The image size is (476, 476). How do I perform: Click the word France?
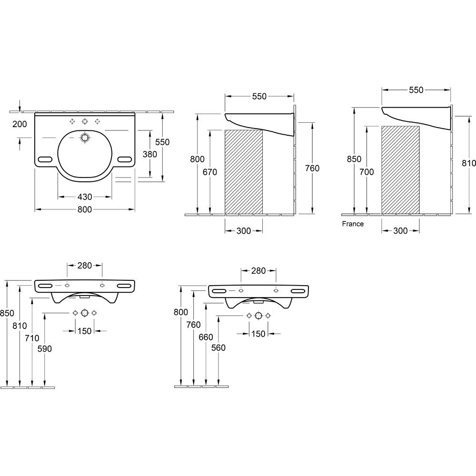tap(352, 224)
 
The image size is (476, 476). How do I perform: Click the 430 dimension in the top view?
tap(85, 197)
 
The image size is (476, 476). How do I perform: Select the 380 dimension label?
tap(149, 154)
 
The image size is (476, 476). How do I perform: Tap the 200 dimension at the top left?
tap(20, 124)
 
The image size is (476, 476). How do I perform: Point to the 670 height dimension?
tap(210, 172)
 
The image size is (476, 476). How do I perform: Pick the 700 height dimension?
tap(367, 172)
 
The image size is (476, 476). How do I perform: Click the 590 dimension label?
tap(45, 349)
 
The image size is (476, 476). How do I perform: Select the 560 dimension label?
tap(218, 347)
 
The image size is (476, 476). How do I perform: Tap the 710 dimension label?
tap(32, 338)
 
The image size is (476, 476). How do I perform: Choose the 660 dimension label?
tap(206, 337)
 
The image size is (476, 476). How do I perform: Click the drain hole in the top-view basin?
tap(85, 138)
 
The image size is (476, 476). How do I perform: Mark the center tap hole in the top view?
tap(85, 121)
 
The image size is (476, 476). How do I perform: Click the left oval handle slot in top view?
tap(45, 159)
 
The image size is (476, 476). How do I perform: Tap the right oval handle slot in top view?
tap(124, 159)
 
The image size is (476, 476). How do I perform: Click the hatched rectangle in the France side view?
tap(400, 170)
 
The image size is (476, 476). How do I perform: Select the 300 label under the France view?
tap(400, 231)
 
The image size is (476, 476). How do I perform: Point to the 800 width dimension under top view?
tap(85, 209)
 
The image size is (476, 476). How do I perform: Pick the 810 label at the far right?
tap(469, 163)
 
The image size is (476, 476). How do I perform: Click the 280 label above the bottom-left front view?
tap(85, 266)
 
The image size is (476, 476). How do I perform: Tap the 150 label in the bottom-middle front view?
tap(258, 334)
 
